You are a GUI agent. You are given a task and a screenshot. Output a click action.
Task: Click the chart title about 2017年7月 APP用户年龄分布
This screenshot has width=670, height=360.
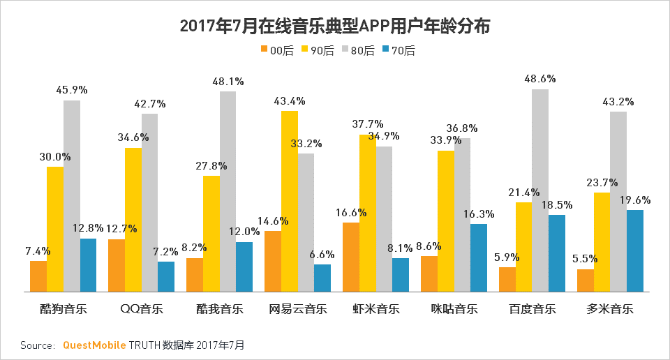point(335,27)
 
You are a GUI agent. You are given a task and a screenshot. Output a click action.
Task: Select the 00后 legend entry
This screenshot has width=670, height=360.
point(277,50)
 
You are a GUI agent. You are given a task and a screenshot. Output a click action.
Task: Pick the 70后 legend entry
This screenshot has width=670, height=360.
point(399,50)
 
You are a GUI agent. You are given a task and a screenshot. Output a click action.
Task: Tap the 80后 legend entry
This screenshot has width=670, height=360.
point(358,50)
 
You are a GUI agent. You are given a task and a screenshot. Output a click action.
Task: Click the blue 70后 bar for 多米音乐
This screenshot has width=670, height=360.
point(635,250)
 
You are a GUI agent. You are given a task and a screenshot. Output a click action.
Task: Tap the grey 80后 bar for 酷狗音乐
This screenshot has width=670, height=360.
point(72,196)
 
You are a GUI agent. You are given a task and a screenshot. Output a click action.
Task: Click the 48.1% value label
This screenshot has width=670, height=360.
point(228,82)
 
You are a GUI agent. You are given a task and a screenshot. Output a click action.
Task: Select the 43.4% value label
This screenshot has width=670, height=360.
point(290,100)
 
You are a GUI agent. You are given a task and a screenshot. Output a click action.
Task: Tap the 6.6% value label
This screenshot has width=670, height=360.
point(322,254)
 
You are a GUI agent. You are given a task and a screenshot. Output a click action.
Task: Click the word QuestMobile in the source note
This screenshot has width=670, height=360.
point(94,345)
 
